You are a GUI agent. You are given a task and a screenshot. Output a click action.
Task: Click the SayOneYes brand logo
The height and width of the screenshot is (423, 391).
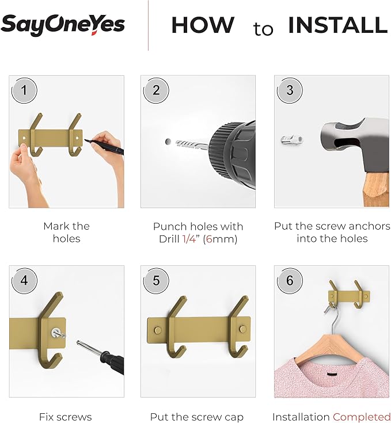63,25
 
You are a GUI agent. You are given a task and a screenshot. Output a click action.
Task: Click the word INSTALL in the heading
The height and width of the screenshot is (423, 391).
338,25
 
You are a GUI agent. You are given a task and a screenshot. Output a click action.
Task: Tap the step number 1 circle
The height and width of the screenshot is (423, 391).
24,90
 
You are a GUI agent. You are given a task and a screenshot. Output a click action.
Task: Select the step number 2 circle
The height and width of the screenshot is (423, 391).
156,90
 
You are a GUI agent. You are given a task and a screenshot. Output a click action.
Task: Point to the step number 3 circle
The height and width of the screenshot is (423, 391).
290,90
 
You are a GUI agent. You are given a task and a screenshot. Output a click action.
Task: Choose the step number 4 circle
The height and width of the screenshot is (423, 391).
24,281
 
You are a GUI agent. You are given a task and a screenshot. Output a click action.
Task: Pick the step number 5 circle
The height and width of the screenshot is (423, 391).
156,281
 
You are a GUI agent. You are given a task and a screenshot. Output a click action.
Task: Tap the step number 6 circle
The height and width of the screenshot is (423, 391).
290,281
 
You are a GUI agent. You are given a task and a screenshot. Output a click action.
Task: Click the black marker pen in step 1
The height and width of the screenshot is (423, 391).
104,147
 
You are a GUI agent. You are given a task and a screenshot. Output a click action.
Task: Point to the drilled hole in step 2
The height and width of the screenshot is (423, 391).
168,142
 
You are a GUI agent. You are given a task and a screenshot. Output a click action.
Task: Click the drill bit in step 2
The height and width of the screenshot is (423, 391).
192,144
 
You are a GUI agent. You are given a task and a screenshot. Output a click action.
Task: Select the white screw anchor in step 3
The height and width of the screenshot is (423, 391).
292,140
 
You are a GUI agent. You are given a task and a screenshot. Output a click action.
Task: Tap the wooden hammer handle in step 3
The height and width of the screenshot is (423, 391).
376,189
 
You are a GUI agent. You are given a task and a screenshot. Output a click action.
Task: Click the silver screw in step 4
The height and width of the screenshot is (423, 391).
58,333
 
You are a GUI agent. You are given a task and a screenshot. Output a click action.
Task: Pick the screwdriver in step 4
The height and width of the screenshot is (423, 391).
101,357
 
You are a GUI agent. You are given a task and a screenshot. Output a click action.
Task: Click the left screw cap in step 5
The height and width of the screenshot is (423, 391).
157,330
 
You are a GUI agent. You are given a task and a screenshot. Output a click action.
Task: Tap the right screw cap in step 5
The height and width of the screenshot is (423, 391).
243,329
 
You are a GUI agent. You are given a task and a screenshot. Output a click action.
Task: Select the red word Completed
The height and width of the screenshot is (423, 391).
362,417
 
